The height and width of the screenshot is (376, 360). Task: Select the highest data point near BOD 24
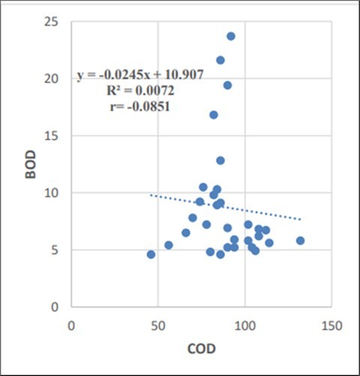pyautogui.click(x=231, y=36)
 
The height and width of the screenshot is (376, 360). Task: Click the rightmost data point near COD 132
pyautogui.click(x=300, y=240)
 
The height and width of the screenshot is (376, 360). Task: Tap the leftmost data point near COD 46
pyautogui.click(x=151, y=255)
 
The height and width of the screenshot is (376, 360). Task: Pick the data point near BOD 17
pyautogui.click(x=214, y=115)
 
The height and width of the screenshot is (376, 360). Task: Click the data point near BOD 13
pyautogui.click(x=220, y=160)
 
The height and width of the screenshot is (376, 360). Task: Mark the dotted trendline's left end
pyautogui.click(x=151, y=195)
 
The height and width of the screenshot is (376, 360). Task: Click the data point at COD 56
pyautogui.click(x=169, y=245)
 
